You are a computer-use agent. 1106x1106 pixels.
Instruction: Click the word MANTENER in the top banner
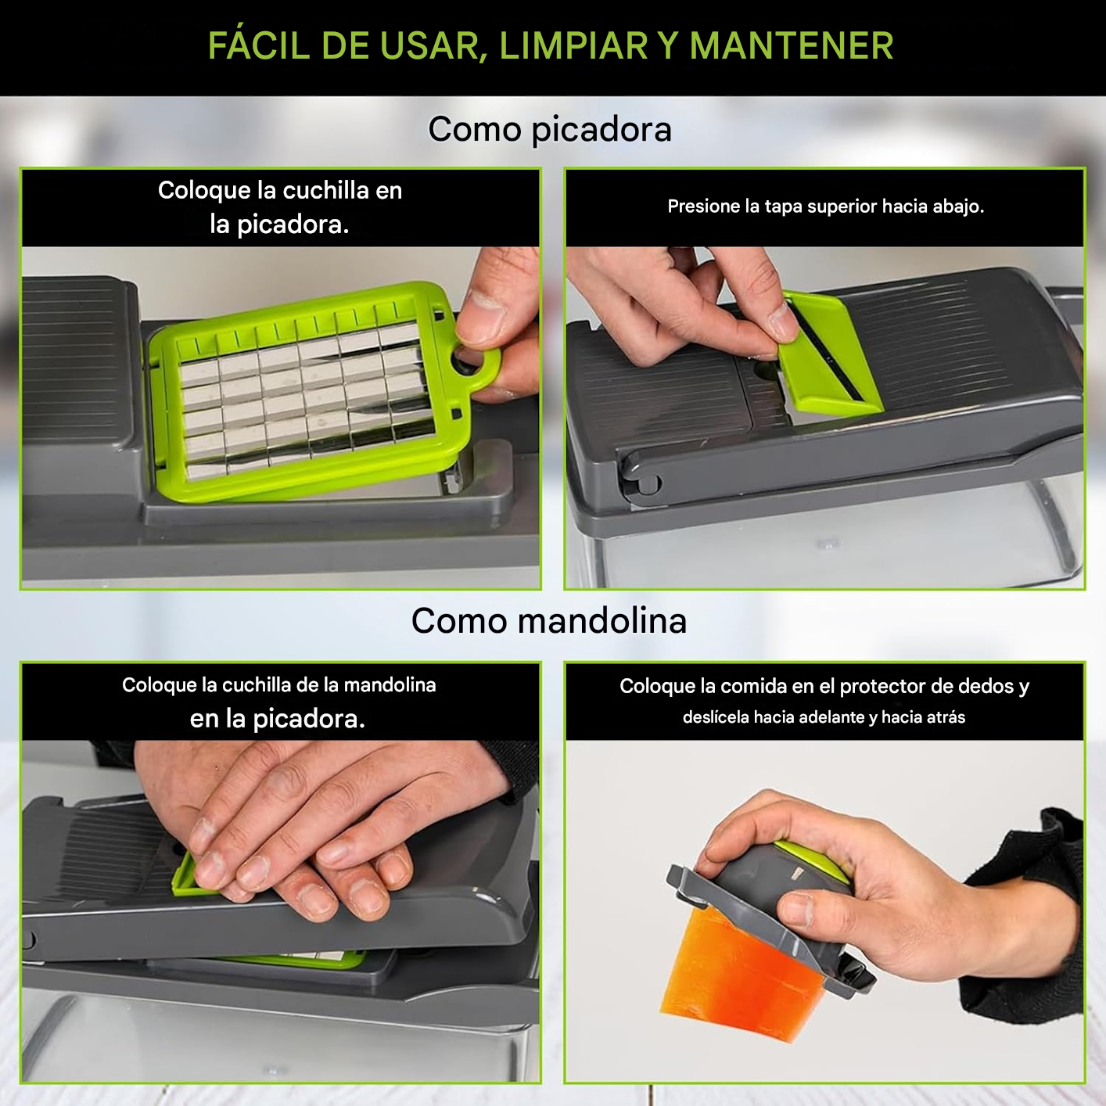click(x=792, y=46)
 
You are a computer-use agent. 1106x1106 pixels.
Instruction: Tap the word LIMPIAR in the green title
click(x=573, y=46)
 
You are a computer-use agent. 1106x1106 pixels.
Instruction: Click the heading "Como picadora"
click(x=550, y=129)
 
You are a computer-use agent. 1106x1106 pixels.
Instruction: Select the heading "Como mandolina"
click(x=549, y=620)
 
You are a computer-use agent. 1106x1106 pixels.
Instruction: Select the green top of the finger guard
click(x=815, y=860)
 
